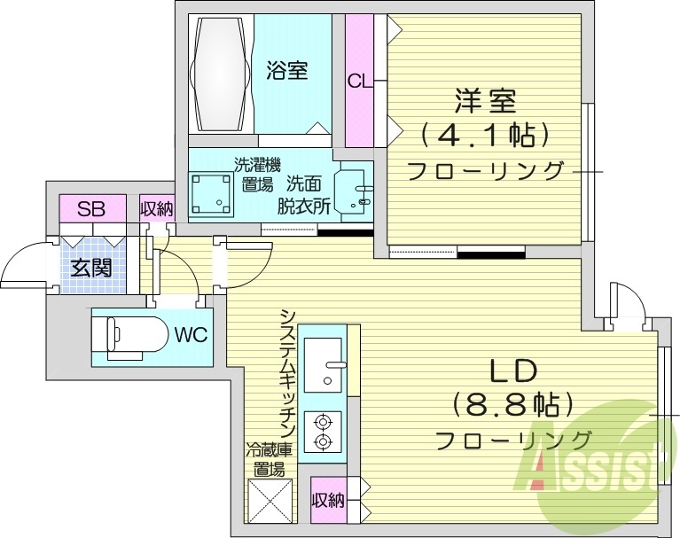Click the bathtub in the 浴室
click(221, 72)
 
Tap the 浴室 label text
click(287, 70)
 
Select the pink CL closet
click(359, 81)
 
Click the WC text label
click(191, 336)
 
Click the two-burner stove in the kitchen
click(322, 431)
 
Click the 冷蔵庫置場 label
click(266, 458)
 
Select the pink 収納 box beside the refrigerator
click(327, 501)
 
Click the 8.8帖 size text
click(511, 405)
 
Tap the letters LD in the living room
click(509, 370)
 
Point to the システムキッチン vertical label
click(287, 372)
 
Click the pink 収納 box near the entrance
click(157, 209)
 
